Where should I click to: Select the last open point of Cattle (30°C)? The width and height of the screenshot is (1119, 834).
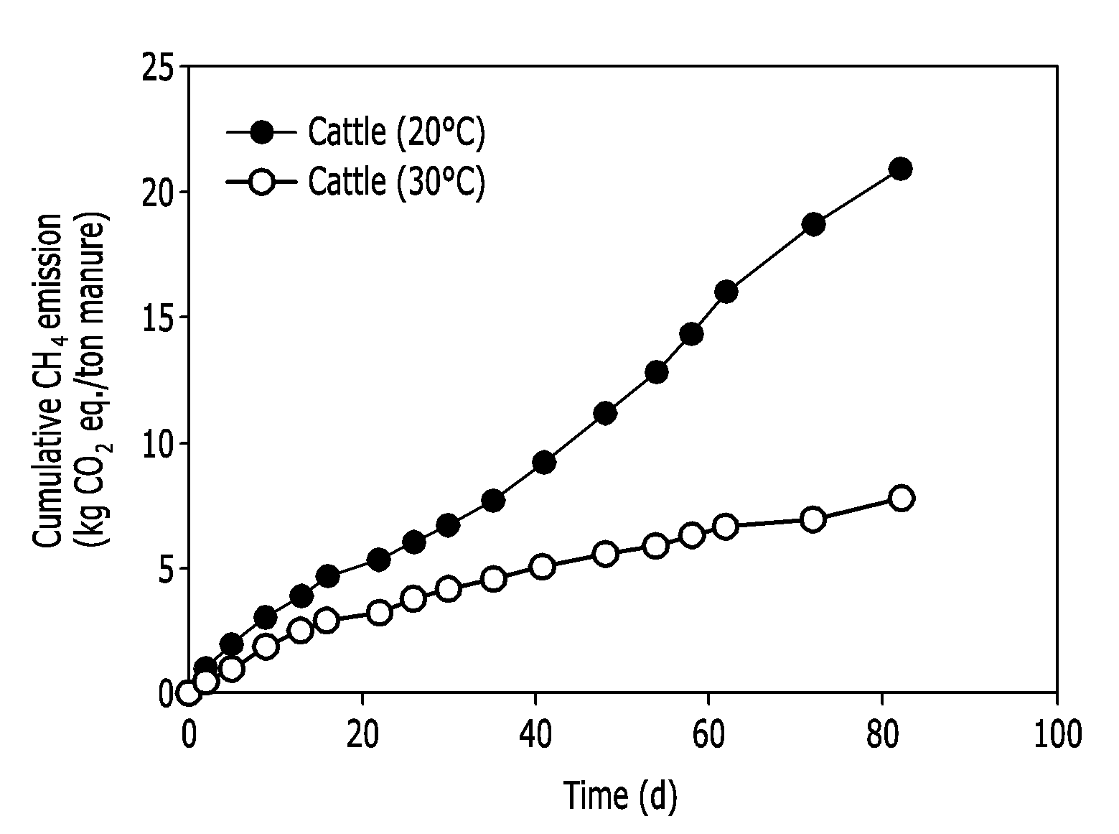pos(901,498)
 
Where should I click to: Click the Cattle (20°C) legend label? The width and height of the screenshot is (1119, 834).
pos(396,133)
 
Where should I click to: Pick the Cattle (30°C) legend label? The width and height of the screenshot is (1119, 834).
pos(396,181)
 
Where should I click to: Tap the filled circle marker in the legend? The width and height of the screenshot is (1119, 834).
pos(262,132)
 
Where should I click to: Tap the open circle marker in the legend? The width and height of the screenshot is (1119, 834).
pos(262,181)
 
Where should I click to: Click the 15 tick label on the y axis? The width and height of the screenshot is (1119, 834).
pos(157,318)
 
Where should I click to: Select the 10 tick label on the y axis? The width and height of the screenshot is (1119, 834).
pos(157,443)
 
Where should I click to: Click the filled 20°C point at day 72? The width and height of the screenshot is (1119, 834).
pos(813,224)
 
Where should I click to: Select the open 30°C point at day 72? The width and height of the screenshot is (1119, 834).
pos(813,519)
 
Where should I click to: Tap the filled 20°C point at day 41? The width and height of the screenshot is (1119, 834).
pos(544,462)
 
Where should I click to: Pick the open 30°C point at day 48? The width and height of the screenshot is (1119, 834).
pos(605,554)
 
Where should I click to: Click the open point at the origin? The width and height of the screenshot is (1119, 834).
pos(188,693)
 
